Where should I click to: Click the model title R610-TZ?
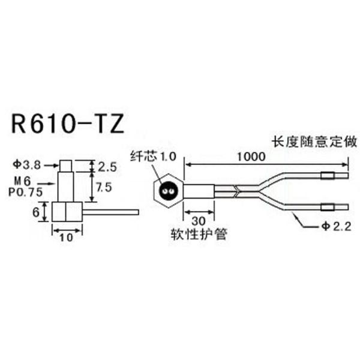click(67, 125)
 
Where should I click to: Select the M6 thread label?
click(24, 182)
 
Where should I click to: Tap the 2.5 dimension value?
click(104, 165)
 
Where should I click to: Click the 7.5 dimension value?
click(104, 187)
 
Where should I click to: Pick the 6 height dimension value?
click(35, 211)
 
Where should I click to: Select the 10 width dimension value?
click(67, 237)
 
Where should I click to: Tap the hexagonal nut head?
click(169, 191)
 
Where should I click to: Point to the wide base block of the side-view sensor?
click(67, 211)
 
